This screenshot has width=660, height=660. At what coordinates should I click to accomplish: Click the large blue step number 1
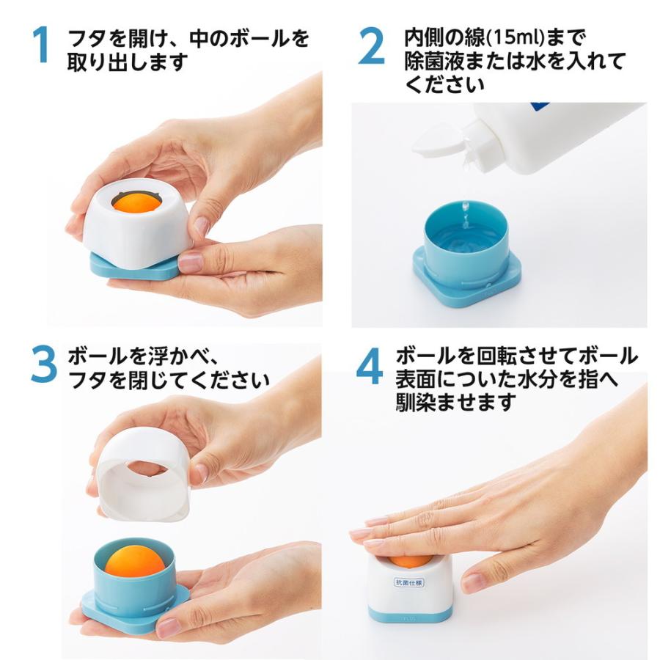[x=42, y=45]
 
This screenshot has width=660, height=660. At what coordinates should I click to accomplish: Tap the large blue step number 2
[x=371, y=45]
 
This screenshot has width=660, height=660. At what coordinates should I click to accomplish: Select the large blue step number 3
[x=44, y=364]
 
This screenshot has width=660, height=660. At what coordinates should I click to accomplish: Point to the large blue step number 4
[x=370, y=366]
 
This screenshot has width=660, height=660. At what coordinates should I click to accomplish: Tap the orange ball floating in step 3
[x=135, y=561]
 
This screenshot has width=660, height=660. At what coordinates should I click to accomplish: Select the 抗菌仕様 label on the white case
[x=408, y=582]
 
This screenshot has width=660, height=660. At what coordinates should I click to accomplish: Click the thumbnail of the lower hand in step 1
[x=190, y=263]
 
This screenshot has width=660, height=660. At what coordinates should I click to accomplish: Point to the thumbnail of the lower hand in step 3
[x=170, y=627]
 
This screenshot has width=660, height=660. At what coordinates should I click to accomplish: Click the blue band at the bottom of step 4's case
[x=408, y=615]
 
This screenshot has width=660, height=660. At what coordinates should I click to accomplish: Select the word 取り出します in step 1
[x=128, y=62]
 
